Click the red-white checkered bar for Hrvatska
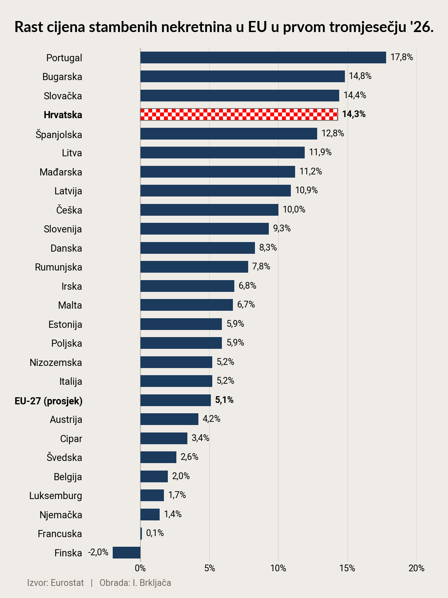click(239, 114)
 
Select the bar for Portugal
click(263, 57)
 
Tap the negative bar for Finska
click(127, 552)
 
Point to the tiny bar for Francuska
click(141, 534)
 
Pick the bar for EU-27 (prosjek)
click(175, 400)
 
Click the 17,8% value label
click(401, 57)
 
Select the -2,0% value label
click(98, 552)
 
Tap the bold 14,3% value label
click(354, 114)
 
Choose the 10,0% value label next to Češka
click(294, 210)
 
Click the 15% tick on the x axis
click(347, 568)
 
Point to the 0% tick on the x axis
click(140, 568)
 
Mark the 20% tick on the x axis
click(416, 568)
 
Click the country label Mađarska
click(61, 172)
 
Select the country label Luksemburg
click(55, 496)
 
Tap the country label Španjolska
click(59, 135)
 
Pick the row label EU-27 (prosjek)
click(48, 401)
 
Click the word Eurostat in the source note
click(67, 583)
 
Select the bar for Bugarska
click(242, 76)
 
